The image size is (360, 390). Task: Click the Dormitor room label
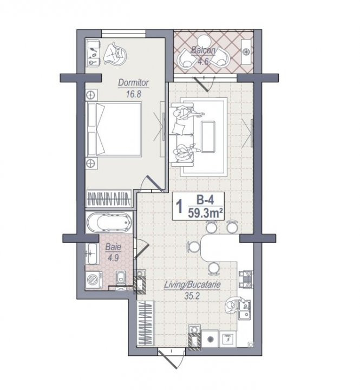[133, 82]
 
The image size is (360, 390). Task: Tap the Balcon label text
[203, 50]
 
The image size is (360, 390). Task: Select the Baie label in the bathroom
[113, 247]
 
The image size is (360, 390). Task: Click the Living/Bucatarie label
[192, 284]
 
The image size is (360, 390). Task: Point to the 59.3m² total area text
[205, 213]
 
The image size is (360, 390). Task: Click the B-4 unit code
[205, 200]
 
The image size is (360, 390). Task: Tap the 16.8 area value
[133, 94]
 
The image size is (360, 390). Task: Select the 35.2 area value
[192, 296]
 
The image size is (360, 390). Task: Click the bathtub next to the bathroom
[109, 223]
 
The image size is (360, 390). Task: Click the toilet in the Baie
[121, 278]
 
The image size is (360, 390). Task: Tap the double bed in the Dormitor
[114, 129]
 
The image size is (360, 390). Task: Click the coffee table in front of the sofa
[208, 136]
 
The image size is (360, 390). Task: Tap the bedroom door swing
[152, 184]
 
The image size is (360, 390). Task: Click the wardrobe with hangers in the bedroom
[109, 198]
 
